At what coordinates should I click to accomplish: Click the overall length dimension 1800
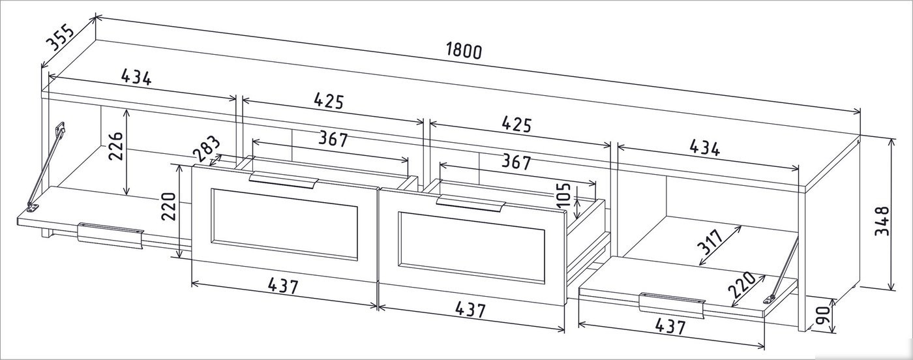tap(464, 51)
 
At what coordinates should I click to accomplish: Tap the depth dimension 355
tap(59, 38)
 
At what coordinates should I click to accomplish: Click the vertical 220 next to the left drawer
tap(168, 206)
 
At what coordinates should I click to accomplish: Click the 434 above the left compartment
tap(136, 77)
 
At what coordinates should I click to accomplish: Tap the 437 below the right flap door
tap(670, 326)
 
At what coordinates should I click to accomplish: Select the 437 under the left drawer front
tap(283, 286)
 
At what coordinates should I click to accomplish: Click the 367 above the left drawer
tap(333, 139)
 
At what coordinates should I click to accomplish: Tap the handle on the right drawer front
tap(471, 203)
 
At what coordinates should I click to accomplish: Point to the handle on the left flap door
tap(110, 235)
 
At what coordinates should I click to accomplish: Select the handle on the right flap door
tap(672, 306)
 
